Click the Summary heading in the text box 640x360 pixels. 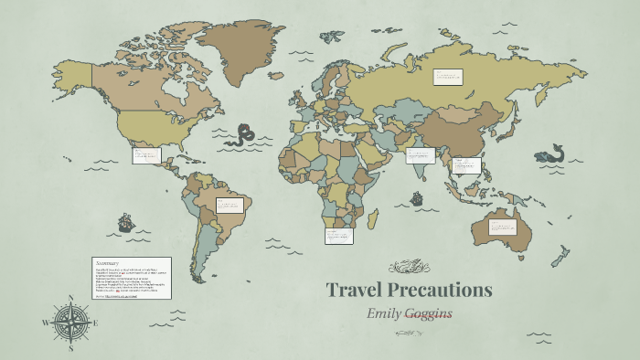click(109, 263)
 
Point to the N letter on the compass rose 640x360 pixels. click(70, 298)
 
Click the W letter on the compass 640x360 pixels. click(45, 323)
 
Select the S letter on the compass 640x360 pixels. click(70, 348)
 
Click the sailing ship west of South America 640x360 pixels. click(125, 222)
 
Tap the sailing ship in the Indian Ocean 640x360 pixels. click(416, 197)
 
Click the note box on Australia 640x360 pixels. click(503, 227)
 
